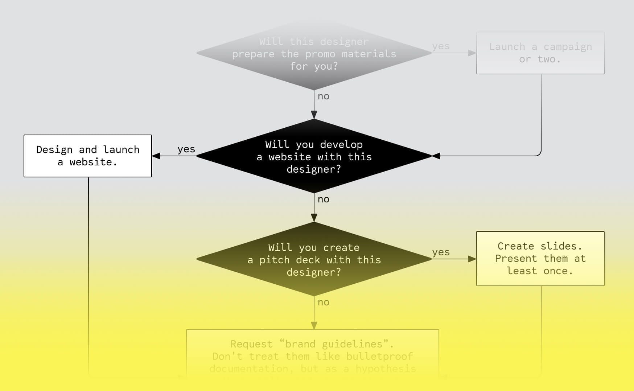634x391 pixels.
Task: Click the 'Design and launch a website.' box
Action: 88,156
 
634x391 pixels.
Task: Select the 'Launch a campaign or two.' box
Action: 540,53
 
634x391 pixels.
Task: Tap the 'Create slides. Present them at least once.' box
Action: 540,259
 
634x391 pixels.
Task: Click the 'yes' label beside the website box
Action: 186,149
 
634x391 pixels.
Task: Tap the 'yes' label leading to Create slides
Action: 441,252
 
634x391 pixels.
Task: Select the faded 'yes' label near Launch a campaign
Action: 441,46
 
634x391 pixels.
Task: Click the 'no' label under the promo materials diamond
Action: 324,96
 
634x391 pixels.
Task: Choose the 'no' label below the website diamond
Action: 324,199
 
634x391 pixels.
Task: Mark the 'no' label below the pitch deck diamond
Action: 324,302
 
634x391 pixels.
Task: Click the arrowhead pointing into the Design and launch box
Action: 156,156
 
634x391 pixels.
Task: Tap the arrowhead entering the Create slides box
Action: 472,259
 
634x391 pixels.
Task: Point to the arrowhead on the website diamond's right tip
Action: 436,156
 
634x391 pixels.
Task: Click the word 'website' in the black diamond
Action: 290,157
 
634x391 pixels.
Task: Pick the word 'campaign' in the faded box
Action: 568,47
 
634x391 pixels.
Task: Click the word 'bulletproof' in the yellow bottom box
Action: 379,356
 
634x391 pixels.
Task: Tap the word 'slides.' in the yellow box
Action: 561,246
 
